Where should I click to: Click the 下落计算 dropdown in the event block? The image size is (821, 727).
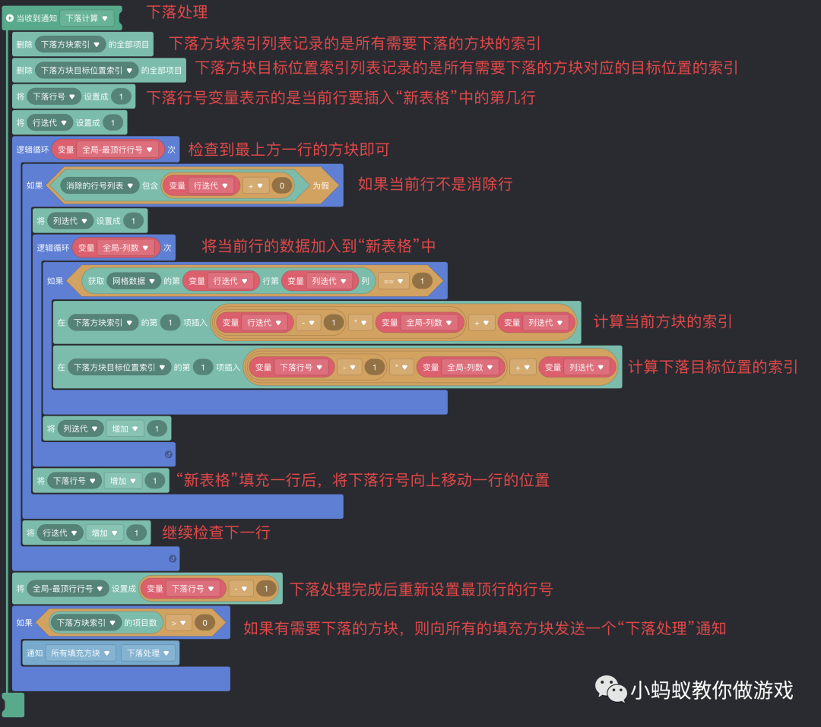tap(87, 18)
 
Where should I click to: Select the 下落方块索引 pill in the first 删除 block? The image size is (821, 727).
tap(69, 44)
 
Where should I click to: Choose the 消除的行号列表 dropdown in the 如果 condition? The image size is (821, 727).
tap(100, 185)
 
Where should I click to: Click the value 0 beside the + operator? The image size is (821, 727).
tap(281, 185)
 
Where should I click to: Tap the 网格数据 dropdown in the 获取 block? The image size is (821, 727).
tap(134, 281)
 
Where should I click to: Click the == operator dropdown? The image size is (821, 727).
tap(392, 281)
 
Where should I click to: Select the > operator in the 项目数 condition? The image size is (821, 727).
tap(179, 623)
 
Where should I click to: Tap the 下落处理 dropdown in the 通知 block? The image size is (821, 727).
tap(147, 653)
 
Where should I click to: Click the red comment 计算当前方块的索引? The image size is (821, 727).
tap(662, 321)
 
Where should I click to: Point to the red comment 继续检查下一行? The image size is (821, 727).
tap(216, 532)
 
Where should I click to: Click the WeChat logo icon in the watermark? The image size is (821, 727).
tap(611, 689)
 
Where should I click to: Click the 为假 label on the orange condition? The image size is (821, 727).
tap(321, 185)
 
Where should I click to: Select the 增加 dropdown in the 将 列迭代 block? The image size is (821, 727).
tap(124, 428)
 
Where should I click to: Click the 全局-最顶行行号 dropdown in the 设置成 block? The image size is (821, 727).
tap(68, 589)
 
